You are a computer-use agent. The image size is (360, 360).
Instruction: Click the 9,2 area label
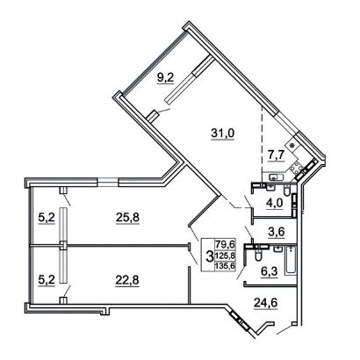pos(166,78)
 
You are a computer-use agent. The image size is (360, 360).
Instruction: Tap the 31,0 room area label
pos(223,133)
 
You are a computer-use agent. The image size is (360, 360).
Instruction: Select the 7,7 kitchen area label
pos(276,155)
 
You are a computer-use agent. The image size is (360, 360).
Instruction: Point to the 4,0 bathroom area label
pos(276,203)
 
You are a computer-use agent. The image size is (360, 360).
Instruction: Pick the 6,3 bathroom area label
pos(269,271)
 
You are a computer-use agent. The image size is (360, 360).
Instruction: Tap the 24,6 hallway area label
pos(265,303)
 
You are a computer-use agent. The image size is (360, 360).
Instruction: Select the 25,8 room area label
pos(127,218)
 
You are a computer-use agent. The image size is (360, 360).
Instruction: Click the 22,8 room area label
pos(127,281)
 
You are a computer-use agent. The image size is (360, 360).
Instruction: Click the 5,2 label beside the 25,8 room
pos(47,218)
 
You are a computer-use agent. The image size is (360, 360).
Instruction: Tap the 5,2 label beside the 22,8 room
pos(47,281)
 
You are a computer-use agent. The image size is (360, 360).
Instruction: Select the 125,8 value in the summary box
pos(225,256)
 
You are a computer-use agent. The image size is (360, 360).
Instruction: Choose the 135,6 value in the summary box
pos(225,266)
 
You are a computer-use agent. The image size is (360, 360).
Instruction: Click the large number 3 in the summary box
pos(209,256)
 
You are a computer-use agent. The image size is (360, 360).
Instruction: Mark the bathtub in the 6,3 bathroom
pos(291,261)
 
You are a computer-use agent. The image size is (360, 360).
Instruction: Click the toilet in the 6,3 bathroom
pos(258,255)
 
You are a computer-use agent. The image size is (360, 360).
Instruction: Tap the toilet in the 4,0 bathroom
pos(287,190)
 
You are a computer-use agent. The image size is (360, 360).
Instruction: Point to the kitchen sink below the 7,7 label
pos(275,176)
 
